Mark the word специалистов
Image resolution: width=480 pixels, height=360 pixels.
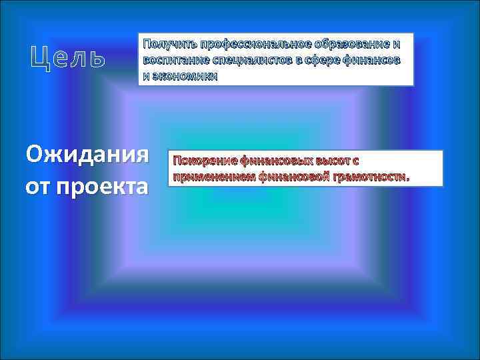click(248, 61)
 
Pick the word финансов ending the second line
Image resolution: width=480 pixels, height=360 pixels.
click(375, 61)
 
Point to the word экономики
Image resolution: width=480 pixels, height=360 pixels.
click(185, 76)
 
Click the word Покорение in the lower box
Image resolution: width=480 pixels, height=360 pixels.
click(204, 161)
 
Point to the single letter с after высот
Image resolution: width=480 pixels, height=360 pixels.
click(356, 161)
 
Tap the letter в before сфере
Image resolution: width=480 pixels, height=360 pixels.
click(299, 61)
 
